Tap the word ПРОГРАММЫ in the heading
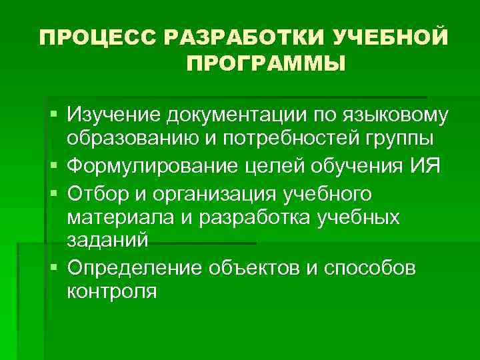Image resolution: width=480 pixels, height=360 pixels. pyautogui.click(x=266, y=65)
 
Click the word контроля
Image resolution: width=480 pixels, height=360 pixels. pyautogui.click(x=112, y=291)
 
